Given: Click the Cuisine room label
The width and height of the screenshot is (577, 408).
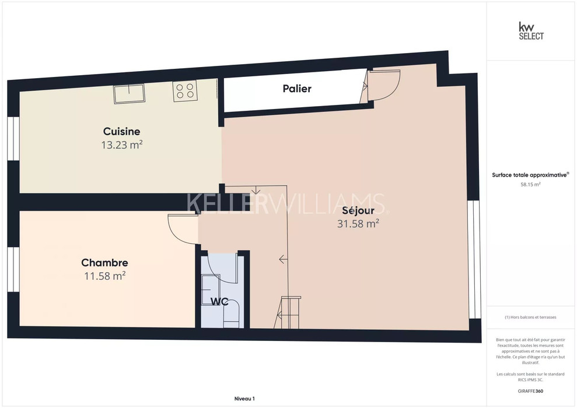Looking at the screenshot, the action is pos(121,131).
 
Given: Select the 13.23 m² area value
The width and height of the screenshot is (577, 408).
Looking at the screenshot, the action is pos(122,145).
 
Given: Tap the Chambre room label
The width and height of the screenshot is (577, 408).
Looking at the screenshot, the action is pos(105,262).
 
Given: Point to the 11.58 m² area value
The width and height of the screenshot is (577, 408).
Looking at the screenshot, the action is pos(105,276).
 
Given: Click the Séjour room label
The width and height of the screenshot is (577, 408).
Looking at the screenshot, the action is pos(358,210).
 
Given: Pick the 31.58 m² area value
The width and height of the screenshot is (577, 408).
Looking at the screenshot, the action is pos(358,223).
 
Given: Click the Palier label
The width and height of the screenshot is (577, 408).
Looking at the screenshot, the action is pos(297,88).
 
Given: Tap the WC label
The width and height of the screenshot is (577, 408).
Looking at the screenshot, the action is pos(219,301).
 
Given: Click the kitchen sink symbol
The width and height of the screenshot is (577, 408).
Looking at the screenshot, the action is pos(129,94).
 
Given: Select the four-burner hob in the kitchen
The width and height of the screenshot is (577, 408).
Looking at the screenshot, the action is pos(185,91).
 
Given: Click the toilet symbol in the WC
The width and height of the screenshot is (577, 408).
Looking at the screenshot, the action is pos(232,314).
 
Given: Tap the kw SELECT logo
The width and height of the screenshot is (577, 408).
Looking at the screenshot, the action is pos(531,31).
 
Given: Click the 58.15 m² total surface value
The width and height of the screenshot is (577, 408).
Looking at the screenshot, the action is pos(530,185).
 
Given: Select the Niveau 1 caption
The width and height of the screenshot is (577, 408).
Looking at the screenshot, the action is pos(244,399).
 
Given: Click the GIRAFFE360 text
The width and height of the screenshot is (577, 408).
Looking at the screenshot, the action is pos(530,391).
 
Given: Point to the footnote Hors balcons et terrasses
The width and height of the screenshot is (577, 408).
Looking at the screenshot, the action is pos(530,317).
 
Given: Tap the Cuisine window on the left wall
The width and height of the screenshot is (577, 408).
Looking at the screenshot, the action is pos(13,139).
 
